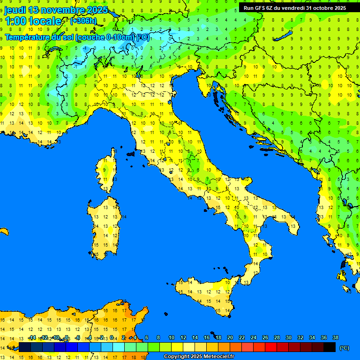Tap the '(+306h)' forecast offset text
pyautogui.click(x=83, y=21)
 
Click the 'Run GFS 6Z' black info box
pyautogui.click(x=294, y=8)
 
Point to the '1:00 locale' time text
pyautogui.click(x=33, y=21)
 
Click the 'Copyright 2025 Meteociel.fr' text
pyautogui.click(x=199, y=357)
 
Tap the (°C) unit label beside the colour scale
pyautogui.click(x=344, y=348)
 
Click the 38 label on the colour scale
pyautogui.click(x=335, y=337)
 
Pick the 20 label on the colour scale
pyautogui.click(x=230, y=337)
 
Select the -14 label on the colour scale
pyautogui.click(x=32, y=337)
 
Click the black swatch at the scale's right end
pyautogui.click(x=330, y=347)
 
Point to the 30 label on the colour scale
pyautogui.click(x=288, y=337)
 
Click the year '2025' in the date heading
pyautogui.click(x=97, y=10)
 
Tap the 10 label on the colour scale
pyautogui.click(x=171, y=337)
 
